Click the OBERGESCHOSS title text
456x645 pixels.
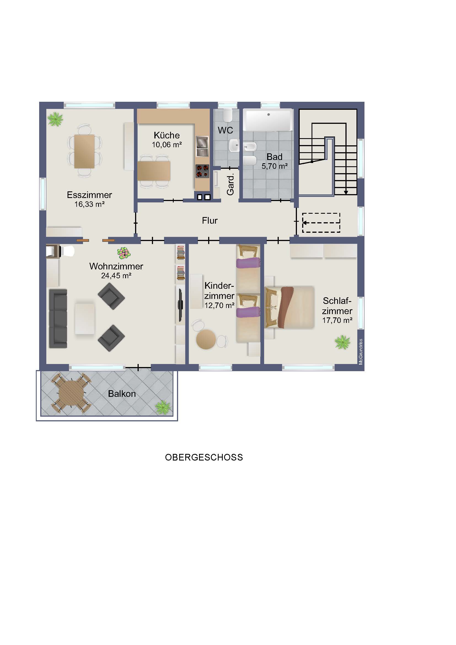point(204,457)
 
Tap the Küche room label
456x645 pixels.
point(167,135)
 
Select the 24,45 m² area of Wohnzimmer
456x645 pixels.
point(116,276)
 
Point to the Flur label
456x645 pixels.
point(210,221)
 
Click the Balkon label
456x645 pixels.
point(122,394)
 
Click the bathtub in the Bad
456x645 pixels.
point(268,120)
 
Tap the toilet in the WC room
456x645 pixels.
point(227,115)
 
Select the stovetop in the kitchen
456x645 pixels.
point(202,171)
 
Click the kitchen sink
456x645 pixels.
point(202,146)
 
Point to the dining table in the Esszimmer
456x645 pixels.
point(84,151)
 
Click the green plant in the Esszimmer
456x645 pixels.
point(55,119)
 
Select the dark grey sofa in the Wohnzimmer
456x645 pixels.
point(58,319)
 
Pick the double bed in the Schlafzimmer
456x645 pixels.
point(289,307)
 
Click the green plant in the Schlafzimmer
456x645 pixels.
point(342,342)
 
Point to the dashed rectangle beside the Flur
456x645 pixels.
point(321,223)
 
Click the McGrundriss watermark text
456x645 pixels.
point(361,352)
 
